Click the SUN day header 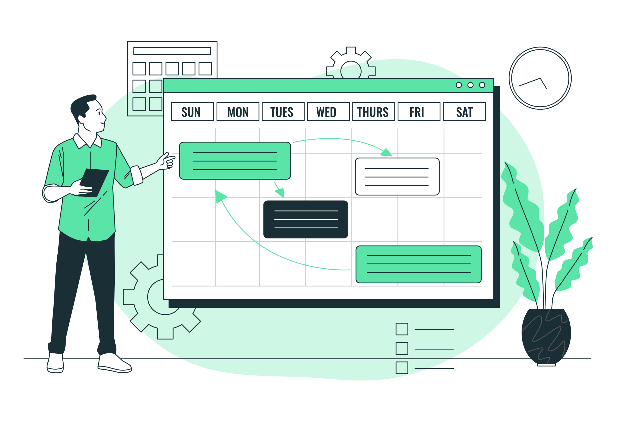193,112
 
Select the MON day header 238,112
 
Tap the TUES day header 283,112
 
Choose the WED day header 329,112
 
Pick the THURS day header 374,112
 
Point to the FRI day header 419,112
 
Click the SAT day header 464,112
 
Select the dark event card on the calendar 306,219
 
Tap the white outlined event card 397,177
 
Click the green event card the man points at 235,161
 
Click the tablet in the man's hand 92,183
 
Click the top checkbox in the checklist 402,329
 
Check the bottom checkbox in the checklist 402,368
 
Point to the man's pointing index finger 170,158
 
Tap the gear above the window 351,63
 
